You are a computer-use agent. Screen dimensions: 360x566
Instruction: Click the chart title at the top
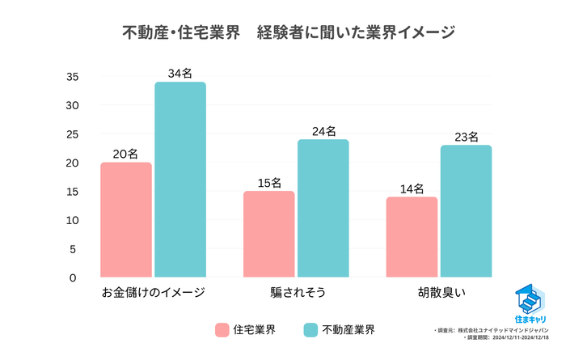pyautogui.click(x=282, y=33)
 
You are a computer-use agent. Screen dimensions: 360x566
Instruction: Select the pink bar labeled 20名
pyautogui.click(x=126, y=220)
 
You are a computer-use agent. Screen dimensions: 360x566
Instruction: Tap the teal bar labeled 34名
pyautogui.click(x=180, y=180)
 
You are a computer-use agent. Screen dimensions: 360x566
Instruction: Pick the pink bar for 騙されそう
pyautogui.click(x=269, y=235)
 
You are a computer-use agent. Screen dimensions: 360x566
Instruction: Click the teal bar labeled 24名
pyautogui.click(x=323, y=209)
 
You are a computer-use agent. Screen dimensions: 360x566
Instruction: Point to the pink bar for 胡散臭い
pyautogui.click(x=412, y=237)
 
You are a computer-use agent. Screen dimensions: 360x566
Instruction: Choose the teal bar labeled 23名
pyautogui.click(x=466, y=211)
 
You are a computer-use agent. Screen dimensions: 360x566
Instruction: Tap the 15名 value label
pyautogui.click(x=269, y=183)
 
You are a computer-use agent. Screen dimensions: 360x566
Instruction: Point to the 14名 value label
pyautogui.click(x=412, y=188)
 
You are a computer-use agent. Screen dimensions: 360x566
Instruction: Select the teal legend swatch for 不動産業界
pyautogui.click(x=310, y=330)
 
